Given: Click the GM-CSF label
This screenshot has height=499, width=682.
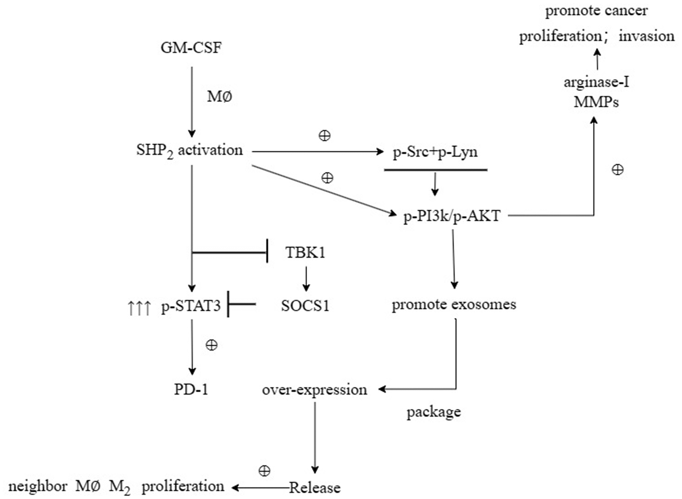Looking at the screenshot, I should coord(191,48).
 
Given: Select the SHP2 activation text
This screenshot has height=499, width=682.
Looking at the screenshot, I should coord(189,151).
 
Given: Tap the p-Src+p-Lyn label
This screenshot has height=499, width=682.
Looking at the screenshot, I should coord(435,152).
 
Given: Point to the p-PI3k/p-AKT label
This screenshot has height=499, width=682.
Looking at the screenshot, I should coord(451,216).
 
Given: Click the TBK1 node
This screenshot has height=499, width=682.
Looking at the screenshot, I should coord(305,253).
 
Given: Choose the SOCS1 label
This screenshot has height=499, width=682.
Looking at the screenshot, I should coord(305,306).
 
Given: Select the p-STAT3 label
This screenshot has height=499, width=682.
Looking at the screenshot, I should coord(191,306).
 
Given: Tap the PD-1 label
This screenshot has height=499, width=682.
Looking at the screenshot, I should coord(191,389).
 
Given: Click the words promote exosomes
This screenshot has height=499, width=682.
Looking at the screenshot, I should coord(454,304).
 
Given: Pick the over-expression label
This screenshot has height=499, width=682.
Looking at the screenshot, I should coord(314,390).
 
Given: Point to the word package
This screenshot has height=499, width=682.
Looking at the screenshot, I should coord(433,412).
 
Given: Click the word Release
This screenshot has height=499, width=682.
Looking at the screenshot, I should coord(315,488).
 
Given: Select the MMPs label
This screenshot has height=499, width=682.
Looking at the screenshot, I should coord(596,102).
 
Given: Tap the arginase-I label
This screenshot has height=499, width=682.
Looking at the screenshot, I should coord(596,82).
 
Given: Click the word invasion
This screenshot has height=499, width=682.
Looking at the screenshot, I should coord(646,36).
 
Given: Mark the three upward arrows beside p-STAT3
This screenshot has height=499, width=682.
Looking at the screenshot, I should coord(139,308).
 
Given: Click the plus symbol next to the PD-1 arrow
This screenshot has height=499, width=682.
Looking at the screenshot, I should coord(212,345).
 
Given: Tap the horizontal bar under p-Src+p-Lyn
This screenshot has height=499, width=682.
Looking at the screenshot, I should coord(435,170).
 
